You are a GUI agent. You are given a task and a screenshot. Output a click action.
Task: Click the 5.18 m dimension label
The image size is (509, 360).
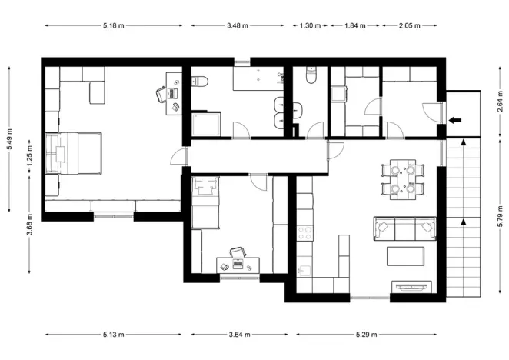click(114, 25)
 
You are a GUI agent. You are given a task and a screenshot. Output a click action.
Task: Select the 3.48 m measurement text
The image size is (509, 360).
click(238, 25)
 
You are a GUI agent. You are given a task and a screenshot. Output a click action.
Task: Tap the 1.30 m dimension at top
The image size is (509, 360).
click(309, 25)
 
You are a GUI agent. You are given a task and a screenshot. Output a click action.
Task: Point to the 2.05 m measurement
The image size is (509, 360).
click(410, 25)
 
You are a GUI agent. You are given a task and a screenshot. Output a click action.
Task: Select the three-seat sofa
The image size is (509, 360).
click(404, 228)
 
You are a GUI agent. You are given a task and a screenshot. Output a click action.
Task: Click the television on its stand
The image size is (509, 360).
click(412, 287)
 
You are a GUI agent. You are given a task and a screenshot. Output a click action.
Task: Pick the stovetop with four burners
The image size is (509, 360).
click(304, 232)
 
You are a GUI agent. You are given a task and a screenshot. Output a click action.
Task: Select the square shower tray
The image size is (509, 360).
click(206, 125)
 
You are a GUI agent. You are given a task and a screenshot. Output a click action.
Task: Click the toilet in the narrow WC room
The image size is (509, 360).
click(310, 75)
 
